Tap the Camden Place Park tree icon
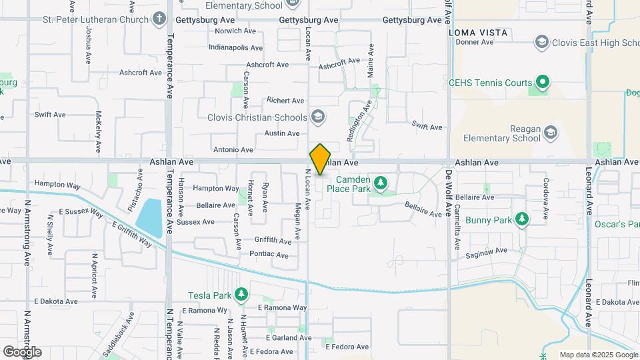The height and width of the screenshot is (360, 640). [x=381, y=182]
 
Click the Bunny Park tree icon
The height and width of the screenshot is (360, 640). [x=523, y=219]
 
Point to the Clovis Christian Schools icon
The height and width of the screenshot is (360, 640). [x=318, y=117]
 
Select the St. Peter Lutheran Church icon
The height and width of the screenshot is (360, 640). [x=159, y=18]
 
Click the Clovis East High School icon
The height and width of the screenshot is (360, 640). [x=542, y=43]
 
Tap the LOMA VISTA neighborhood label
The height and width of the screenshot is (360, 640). [x=478, y=32]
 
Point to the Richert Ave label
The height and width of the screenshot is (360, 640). [x=285, y=101]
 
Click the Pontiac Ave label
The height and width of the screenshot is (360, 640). [x=269, y=255]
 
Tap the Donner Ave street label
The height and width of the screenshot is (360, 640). [x=474, y=42]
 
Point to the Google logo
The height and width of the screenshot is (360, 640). [x=22, y=351]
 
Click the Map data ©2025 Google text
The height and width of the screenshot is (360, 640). [x=598, y=355]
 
